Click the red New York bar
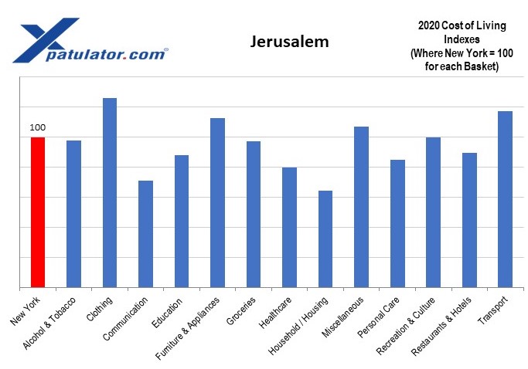[38, 212]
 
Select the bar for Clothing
[110, 193]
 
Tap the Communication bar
[145, 234]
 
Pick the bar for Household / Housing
[325, 239]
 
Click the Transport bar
[506, 199]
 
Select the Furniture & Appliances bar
[217, 203]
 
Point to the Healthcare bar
[289, 228]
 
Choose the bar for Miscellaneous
[361, 207]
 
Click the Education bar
[182, 222]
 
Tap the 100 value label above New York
[38, 127]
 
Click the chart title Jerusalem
[289, 42]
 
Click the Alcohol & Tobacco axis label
[52, 324]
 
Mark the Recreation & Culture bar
[433, 212]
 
